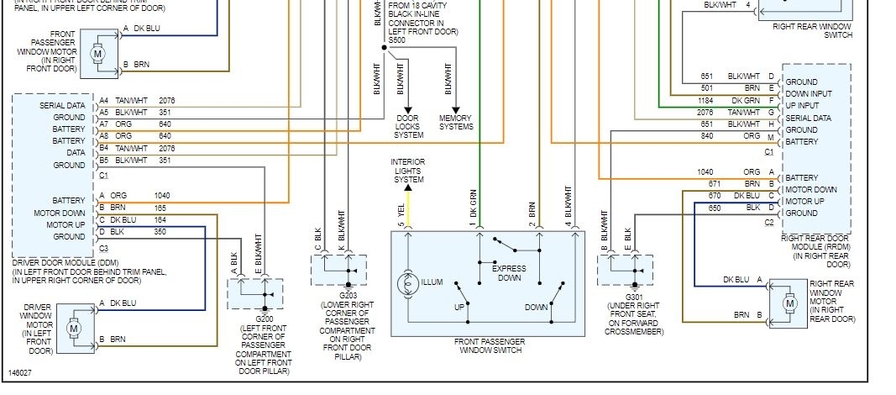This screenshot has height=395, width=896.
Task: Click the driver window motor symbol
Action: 73,324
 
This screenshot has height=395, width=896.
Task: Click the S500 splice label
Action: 399,39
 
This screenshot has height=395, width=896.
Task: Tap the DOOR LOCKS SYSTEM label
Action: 409,127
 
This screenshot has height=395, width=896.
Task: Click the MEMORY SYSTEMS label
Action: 456,123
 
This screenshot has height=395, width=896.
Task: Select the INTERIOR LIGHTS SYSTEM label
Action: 408,171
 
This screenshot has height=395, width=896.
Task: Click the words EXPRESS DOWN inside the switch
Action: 509,272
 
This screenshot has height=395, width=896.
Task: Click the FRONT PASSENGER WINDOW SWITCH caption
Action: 490,345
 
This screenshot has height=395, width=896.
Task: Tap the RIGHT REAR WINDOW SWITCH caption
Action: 811,31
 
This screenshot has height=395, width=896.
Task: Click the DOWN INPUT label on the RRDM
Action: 809,94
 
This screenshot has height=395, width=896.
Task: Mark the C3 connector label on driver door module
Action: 103,248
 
